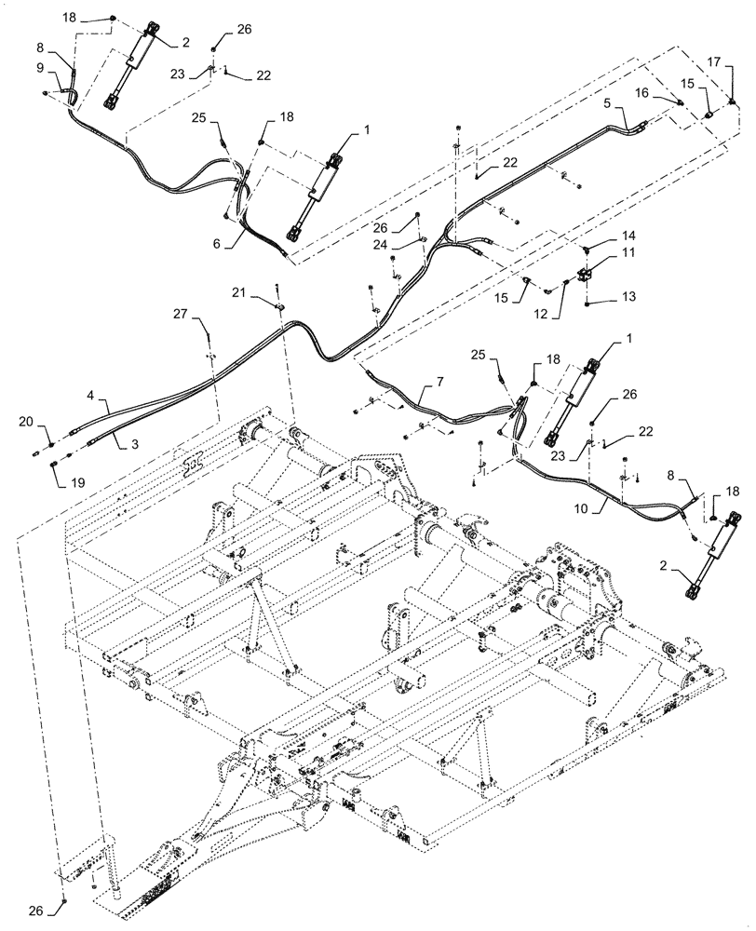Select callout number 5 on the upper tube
pyautogui.click(x=606, y=105)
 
